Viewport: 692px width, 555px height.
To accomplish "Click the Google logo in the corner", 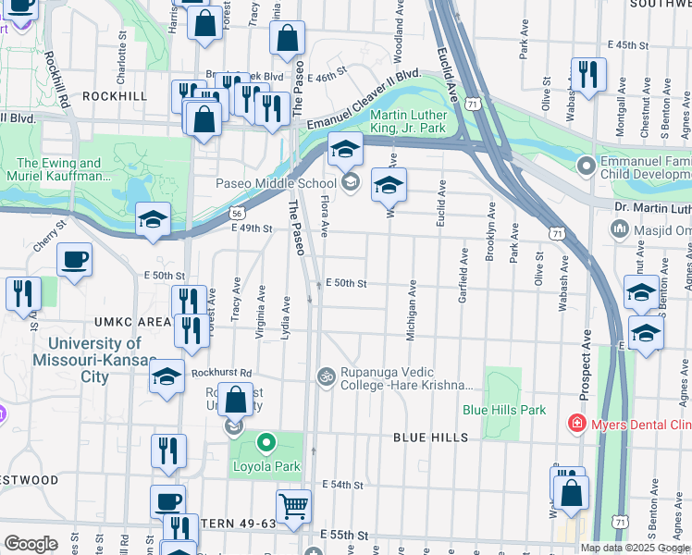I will coord(31,544).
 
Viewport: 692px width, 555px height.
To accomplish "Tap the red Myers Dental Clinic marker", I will coord(576,423).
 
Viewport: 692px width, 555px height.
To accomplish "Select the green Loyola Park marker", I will coord(266,443).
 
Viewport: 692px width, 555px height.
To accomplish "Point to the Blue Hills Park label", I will coord(504,410).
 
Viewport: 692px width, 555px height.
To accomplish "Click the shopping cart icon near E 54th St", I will coord(293,507).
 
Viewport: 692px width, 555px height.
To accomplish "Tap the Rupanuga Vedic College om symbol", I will coord(325,376).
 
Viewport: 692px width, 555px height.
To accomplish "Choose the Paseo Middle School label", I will coord(277,183).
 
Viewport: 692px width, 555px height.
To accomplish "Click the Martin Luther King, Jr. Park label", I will coord(408,121).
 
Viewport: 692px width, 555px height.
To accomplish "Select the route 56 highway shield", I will coord(238,213).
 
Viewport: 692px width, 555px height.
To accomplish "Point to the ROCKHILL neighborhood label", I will coord(114,95).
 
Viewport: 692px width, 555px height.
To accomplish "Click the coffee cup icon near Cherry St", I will coord(74,260).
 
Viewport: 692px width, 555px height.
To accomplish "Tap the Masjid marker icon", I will coord(619,228).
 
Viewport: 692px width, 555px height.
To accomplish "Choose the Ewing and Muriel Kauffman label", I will coord(59,169).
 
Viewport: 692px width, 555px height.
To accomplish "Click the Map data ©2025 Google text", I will coord(634,548).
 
